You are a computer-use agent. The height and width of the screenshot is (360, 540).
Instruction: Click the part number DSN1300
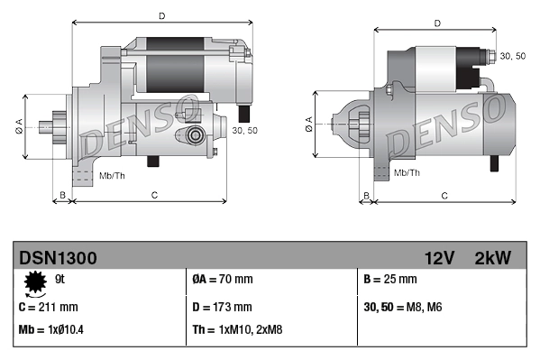click(58, 258)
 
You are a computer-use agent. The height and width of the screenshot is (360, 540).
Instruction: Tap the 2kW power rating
click(492, 258)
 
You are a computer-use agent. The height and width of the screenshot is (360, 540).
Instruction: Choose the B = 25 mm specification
click(389, 280)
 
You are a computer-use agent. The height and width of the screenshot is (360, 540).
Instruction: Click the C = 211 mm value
click(49, 307)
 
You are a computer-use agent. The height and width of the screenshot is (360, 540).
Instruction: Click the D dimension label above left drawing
click(161, 15)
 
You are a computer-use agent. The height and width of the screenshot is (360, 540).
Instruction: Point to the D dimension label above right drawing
click(436, 23)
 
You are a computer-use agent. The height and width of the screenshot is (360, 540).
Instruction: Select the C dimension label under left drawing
click(154, 195)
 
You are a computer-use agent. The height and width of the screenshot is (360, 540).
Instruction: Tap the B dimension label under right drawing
click(365, 195)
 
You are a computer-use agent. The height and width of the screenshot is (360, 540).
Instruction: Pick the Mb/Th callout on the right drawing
click(407, 171)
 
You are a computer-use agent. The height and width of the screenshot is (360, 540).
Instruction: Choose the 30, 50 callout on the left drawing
click(243, 131)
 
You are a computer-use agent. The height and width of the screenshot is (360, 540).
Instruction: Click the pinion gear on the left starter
click(59, 126)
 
